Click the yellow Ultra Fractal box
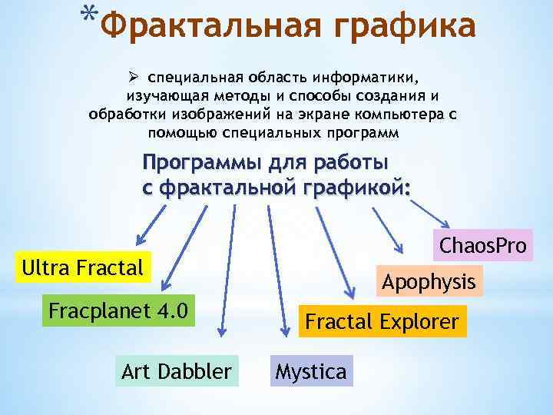(x=83, y=267)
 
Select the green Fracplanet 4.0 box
(x=118, y=312)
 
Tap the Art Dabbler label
(x=176, y=372)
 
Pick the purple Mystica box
(x=310, y=372)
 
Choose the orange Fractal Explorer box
(x=382, y=321)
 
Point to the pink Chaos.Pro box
(x=482, y=246)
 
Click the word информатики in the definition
(x=368, y=78)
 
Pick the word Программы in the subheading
(x=199, y=163)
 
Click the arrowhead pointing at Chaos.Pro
(x=399, y=248)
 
